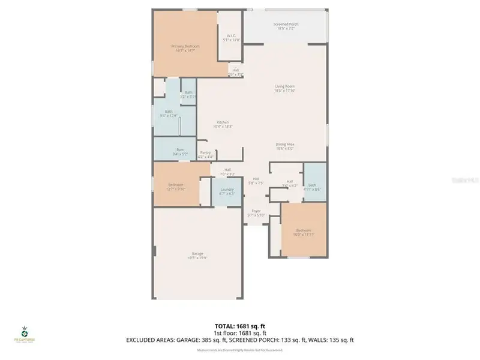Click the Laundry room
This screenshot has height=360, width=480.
pyautogui.click(x=227, y=191)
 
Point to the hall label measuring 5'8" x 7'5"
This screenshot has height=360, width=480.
pyautogui.click(x=256, y=181)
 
